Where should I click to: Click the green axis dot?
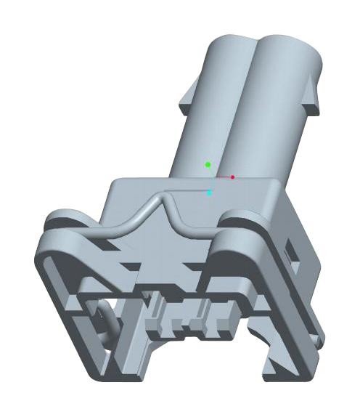coord(208,165)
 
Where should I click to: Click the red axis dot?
coord(232,177)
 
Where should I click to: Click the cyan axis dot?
coord(210,193)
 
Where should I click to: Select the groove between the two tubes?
coord(250,109)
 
